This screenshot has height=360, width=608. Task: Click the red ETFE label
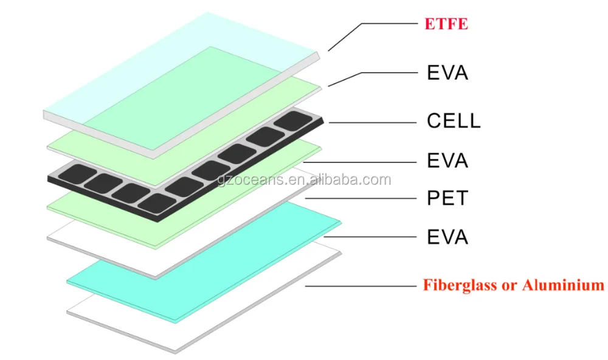click(447, 25)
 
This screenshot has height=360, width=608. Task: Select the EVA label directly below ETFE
click(447, 73)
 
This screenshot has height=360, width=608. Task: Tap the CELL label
click(454, 120)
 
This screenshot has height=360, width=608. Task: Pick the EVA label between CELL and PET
click(447, 161)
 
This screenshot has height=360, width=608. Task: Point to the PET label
click(447, 198)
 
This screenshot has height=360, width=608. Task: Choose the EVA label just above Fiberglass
click(447, 236)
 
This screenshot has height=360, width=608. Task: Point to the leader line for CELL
click(371, 123)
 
